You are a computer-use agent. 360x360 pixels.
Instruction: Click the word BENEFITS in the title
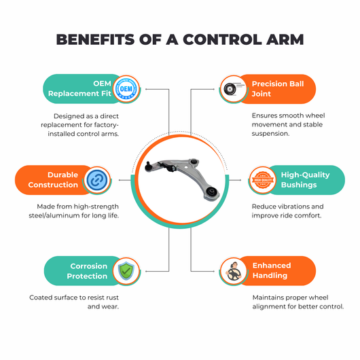click(x=95, y=39)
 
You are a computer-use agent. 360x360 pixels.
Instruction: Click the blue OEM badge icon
click(x=126, y=89)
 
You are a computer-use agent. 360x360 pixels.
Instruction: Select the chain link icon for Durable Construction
click(x=97, y=180)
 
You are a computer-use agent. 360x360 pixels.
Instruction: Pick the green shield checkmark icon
click(x=126, y=271)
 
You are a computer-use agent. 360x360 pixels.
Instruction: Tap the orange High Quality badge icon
click(x=263, y=180)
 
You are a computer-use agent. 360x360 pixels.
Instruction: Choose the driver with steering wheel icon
click(x=233, y=272)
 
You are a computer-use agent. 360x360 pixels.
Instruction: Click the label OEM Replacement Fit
click(x=79, y=88)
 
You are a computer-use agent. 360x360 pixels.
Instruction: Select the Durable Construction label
click(x=53, y=180)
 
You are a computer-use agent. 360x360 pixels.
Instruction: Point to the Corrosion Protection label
click(x=87, y=271)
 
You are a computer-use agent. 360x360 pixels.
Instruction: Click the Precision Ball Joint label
click(x=278, y=88)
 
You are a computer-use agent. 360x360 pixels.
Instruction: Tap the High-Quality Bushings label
click(x=306, y=180)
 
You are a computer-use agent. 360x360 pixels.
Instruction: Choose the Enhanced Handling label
click(x=272, y=270)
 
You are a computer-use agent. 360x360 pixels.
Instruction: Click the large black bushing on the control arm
click(x=211, y=191)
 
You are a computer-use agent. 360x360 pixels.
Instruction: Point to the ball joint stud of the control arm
click(x=148, y=166)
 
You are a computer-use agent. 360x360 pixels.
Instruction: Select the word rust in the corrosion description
click(x=113, y=298)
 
